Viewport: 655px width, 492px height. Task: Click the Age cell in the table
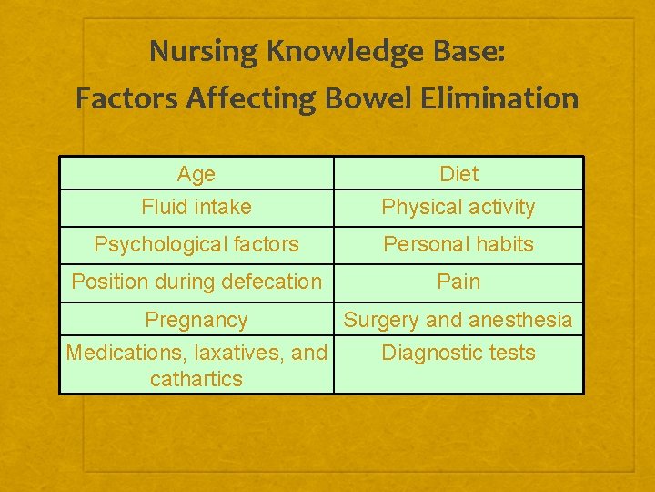pyautogui.click(x=196, y=174)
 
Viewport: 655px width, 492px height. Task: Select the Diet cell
pyautogui.click(x=458, y=174)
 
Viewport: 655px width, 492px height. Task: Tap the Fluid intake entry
pyautogui.click(x=196, y=207)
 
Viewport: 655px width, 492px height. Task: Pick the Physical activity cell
pyautogui.click(x=458, y=207)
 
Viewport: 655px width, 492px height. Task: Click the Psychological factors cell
pyautogui.click(x=196, y=244)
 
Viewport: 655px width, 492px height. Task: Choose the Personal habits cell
pyautogui.click(x=458, y=244)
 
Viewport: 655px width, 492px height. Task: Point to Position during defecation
pyautogui.click(x=196, y=282)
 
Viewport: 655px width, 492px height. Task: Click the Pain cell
pyautogui.click(x=458, y=282)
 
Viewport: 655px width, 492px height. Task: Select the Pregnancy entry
pyautogui.click(x=196, y=320)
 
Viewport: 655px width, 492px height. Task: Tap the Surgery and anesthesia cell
pyautogui.click(x=458, y=320)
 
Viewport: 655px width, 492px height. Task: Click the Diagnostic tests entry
pyautogui.click(x=458, y=353)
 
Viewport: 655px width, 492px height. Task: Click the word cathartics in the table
pyautogui.click(x=196, y=379)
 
